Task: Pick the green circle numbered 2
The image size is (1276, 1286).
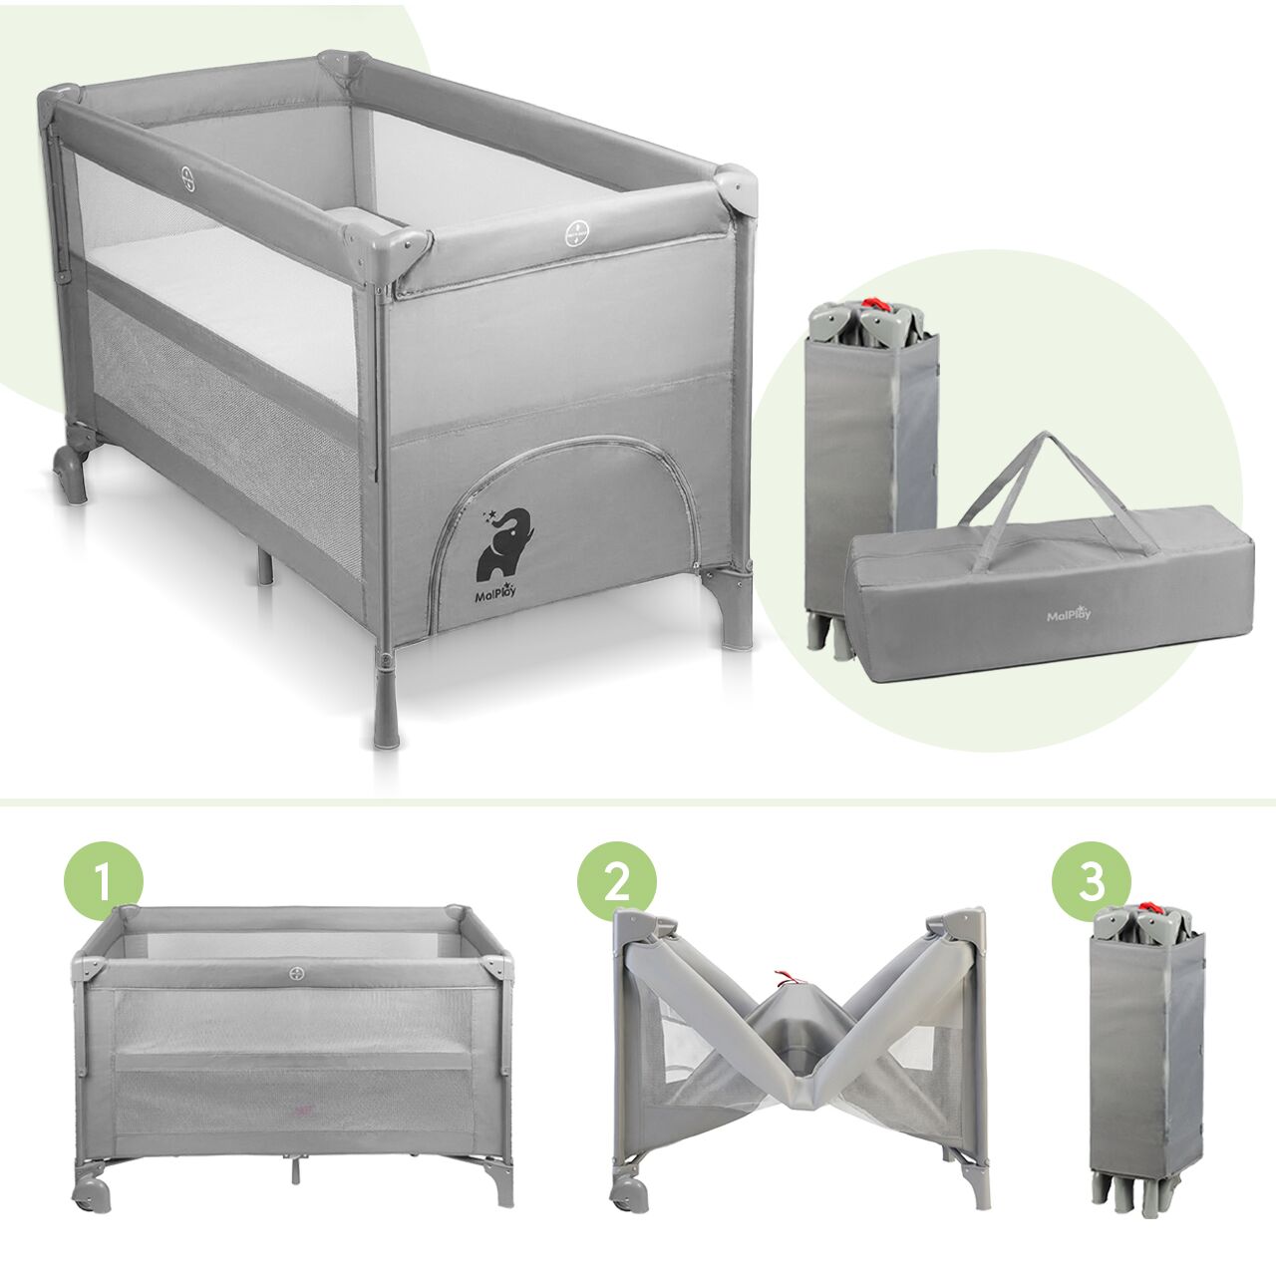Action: point(616,881)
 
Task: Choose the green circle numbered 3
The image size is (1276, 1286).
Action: point(1091,881)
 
